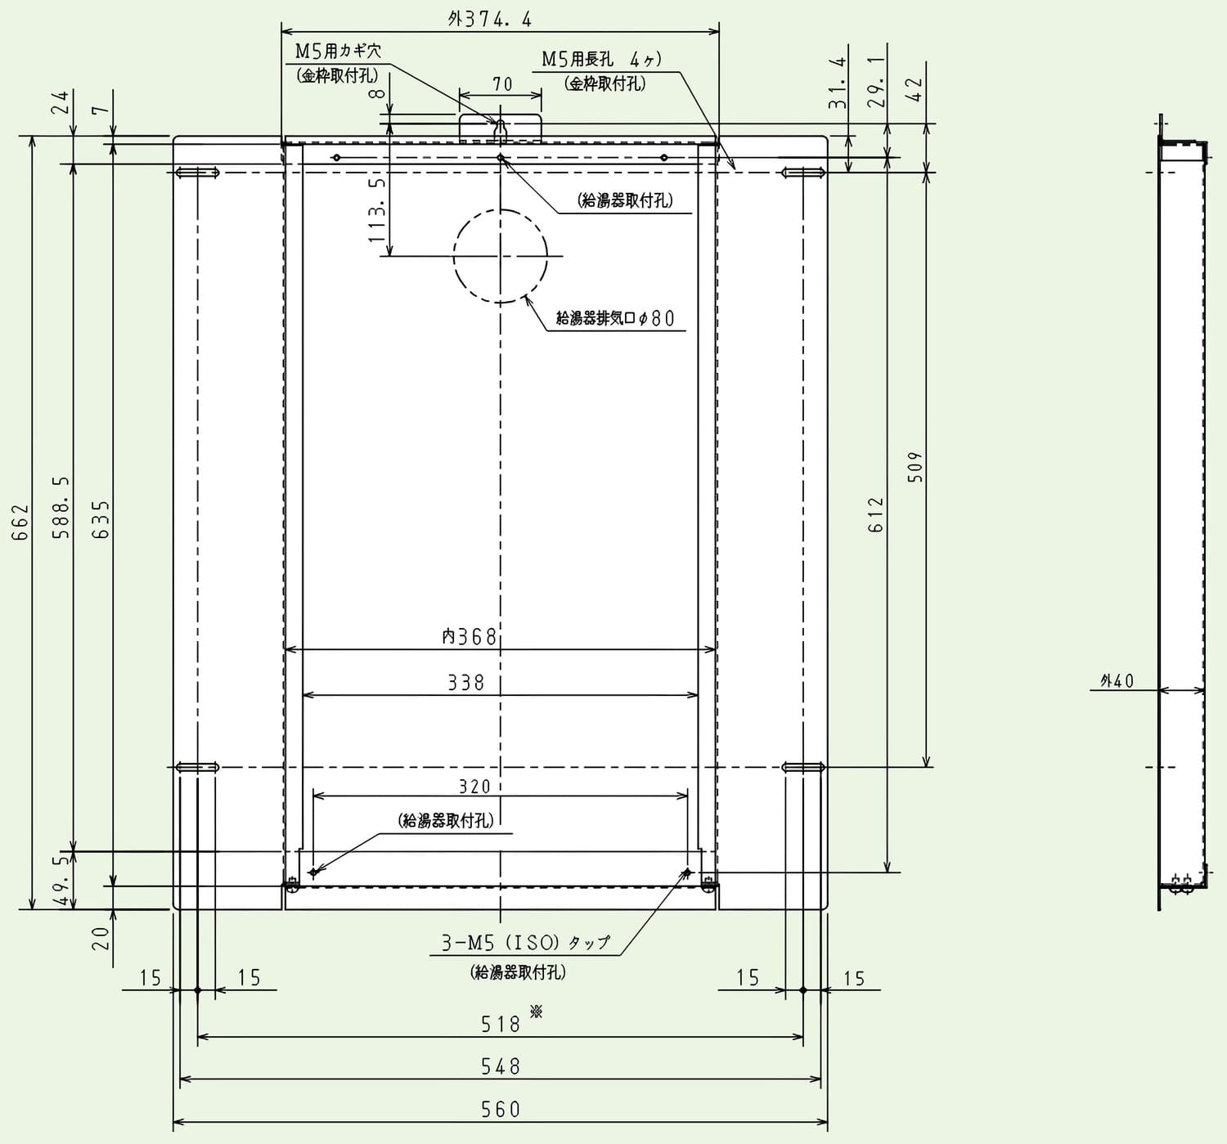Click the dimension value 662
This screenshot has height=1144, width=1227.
coord(21,523)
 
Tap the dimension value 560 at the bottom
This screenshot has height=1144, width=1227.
coord(501,1110)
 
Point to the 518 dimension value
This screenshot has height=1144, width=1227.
coord(501,1025)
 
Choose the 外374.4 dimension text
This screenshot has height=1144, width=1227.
coord(489,20)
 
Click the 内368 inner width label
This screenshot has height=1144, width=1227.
coord(470,636)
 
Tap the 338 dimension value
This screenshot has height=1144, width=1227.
coord(466,683)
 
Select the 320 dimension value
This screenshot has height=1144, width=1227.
coord(474,787)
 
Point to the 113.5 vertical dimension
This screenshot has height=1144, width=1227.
coord(376,210)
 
